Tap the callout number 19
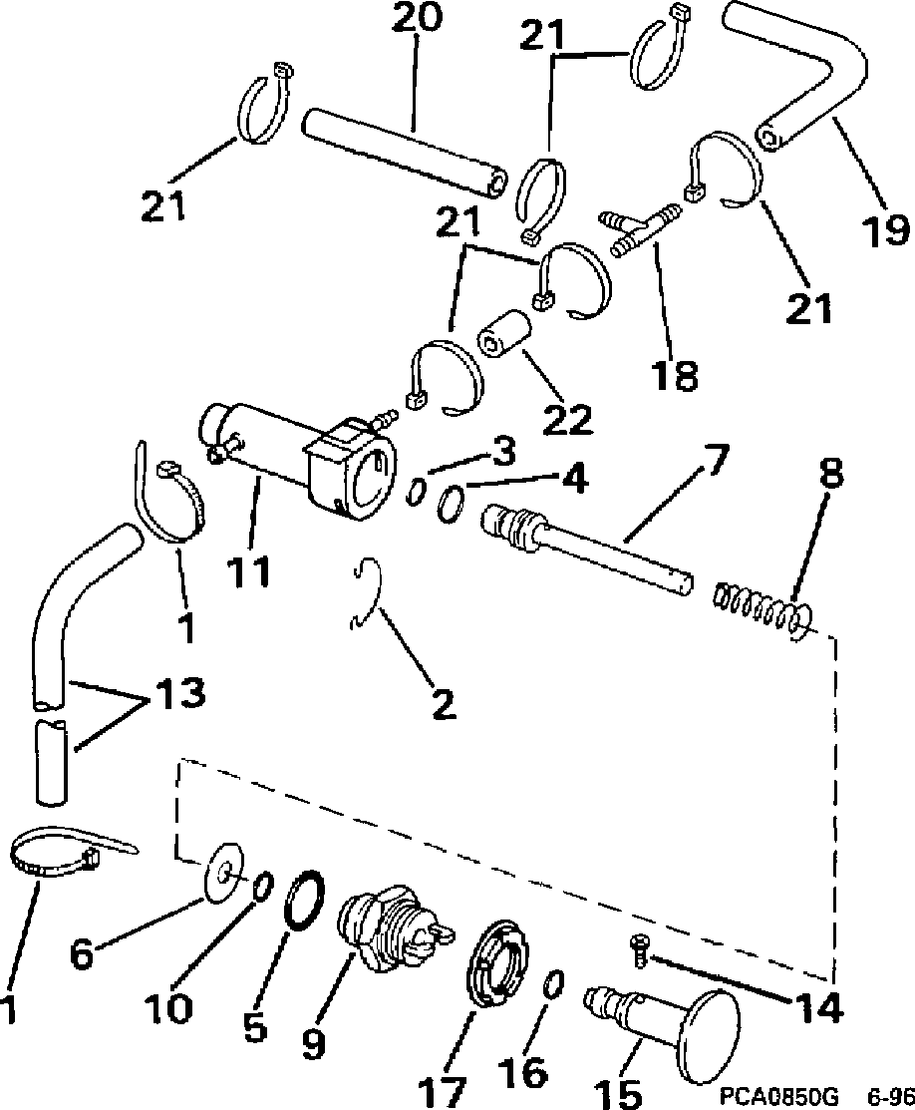point(885,229)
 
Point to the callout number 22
point(565,419)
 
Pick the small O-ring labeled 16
point(553,983)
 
